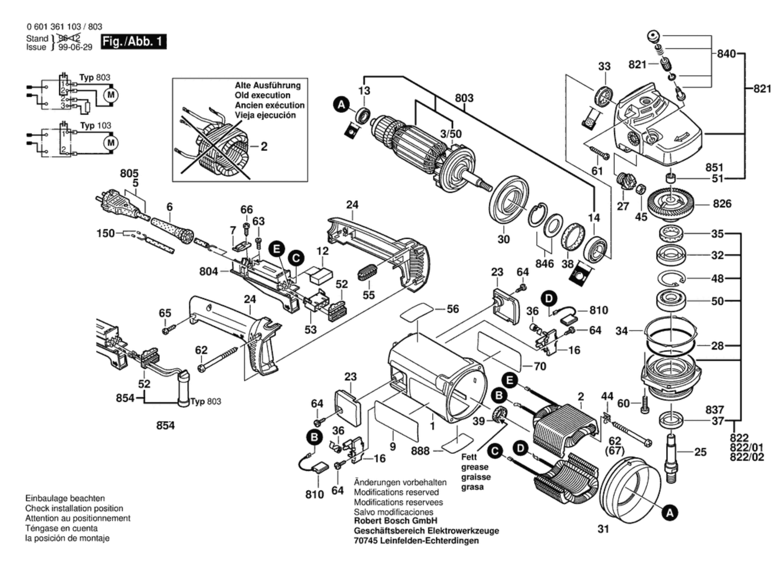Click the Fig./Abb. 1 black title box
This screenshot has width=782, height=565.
point(133,41)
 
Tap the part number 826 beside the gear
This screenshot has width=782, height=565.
point(722,204)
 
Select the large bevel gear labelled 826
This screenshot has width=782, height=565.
point(671,203)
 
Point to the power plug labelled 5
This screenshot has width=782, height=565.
point(117,206)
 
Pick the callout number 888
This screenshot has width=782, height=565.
point(420,451)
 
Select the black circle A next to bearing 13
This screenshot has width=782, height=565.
point(341,106)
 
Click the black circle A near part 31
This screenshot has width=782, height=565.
point(669,513)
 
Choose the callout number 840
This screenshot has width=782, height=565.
point(726,54)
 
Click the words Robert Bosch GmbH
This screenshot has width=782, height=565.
point(395,521)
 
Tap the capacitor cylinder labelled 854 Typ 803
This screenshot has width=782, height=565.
point(184,387)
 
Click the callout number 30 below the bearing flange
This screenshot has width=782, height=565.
point(503,239)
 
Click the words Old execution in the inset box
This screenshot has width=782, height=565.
point(263,95)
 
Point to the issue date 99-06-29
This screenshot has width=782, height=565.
point(75,47)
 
